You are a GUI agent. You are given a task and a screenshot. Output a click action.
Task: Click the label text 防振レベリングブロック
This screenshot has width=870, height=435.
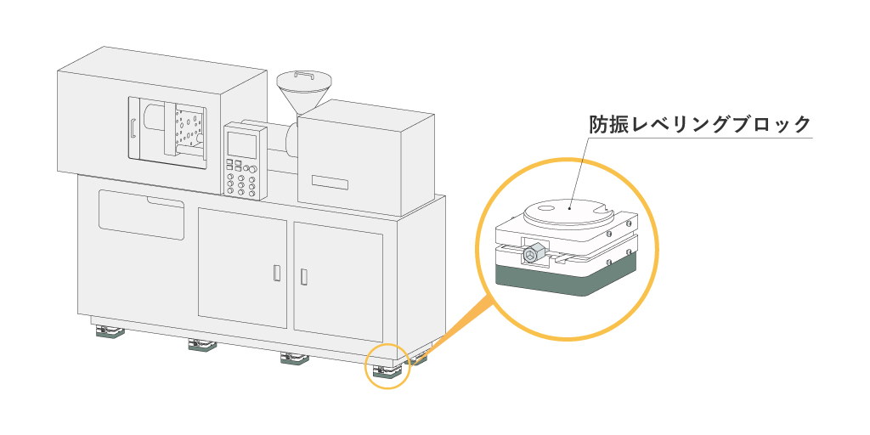pyautogui.click(x=701, y=124)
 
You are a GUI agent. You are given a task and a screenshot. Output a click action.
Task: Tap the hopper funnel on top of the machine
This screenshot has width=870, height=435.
pyautogui.click(x=303, y=94)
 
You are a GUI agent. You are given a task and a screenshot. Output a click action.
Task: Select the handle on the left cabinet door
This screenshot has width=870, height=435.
pyautogui.click(x=276, y=273)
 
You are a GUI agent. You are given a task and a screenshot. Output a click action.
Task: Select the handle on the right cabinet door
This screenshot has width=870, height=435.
pyautogui.click(x=304, y=276)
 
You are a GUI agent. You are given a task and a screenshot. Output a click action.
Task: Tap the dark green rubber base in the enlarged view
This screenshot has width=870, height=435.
pyautogui.click(x=565, y=278)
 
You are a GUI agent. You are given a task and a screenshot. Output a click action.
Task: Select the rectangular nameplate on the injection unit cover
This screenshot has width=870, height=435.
pyautogui.click(x=330, y=182)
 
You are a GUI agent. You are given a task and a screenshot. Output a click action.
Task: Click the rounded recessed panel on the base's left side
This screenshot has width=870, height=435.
pyautogui.click(x=141, y=215)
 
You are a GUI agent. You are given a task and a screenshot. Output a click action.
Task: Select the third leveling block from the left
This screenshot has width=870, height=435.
pyautogui.click(x=293, y=359)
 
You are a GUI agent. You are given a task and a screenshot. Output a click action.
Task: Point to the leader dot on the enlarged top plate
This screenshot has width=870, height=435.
pyautogui.click(x=570, y=204)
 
